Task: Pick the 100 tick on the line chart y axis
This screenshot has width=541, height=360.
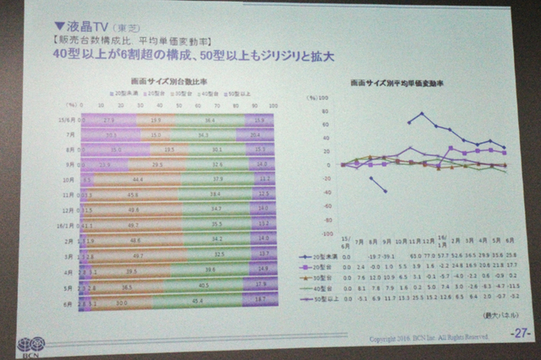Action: click(335, 97)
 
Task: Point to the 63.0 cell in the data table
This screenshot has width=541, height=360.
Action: click(415, 255)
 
